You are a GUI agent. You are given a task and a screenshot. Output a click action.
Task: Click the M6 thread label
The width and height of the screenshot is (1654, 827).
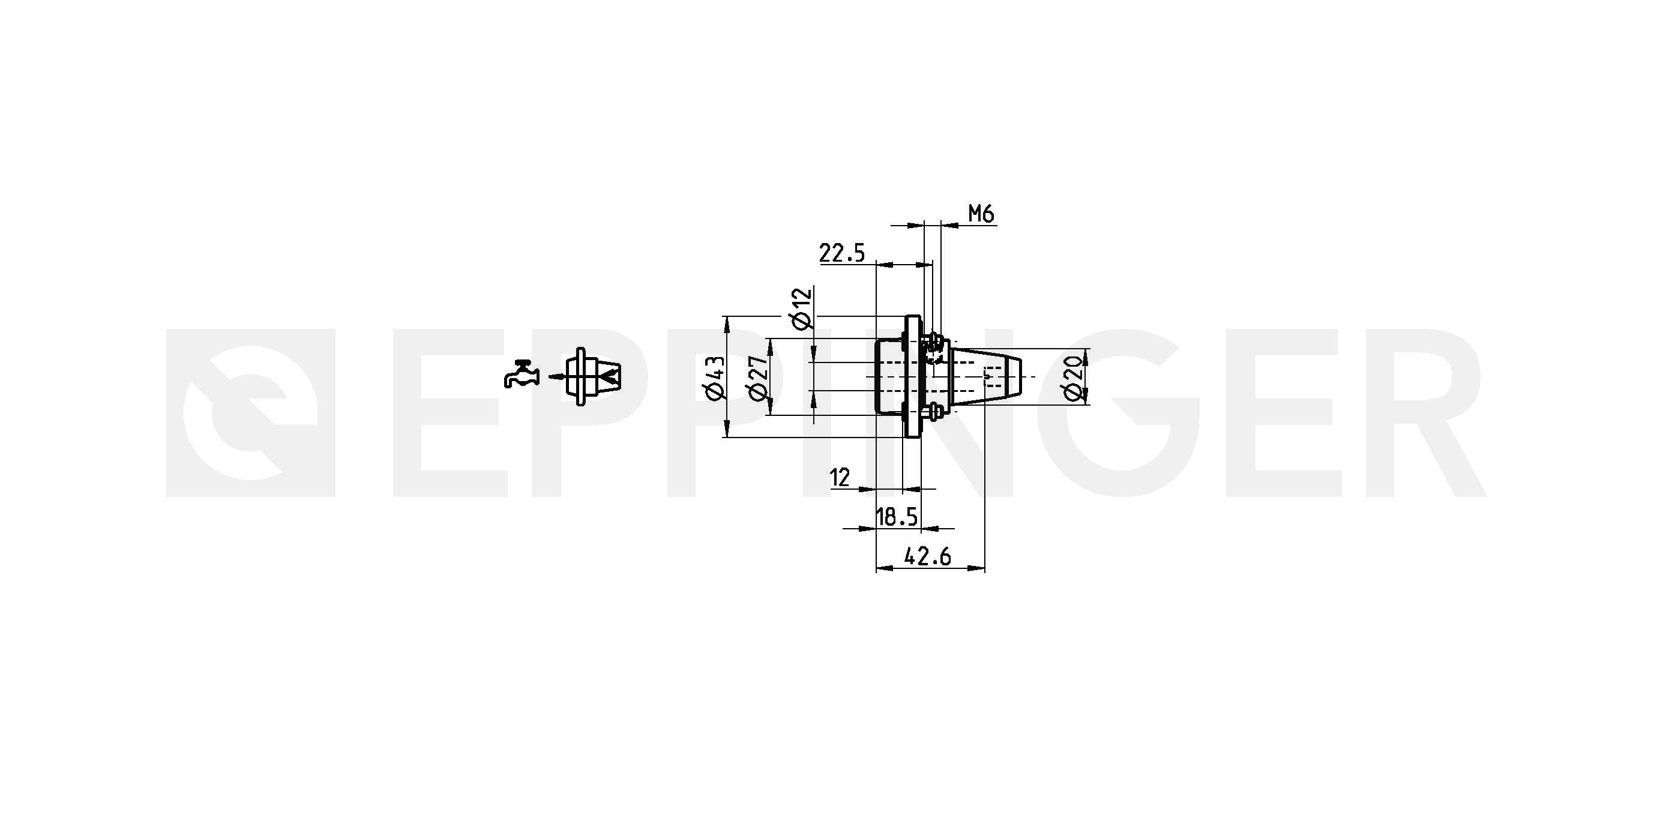(x=981, y=213)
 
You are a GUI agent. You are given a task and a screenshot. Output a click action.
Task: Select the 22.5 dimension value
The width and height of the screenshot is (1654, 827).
(x=843, y=253)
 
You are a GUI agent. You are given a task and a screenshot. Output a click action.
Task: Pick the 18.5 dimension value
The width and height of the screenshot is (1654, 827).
(x=897, y=516)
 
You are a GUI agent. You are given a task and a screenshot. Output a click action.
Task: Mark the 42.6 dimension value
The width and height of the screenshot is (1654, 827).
(x=928, y=556)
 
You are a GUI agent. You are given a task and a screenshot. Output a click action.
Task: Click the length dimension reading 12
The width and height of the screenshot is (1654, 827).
(x=840, y=478)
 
